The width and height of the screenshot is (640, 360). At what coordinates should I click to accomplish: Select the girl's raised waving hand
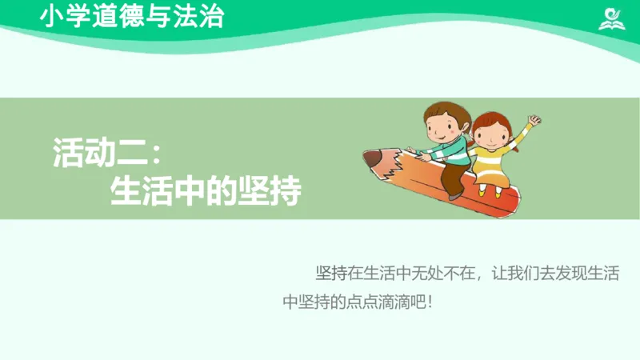[x=534, y=121]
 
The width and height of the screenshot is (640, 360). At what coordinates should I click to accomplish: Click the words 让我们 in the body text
[x=520, y=274]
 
